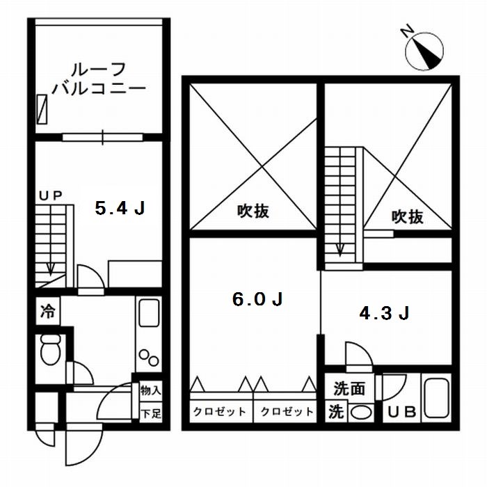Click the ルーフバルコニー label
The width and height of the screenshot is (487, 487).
click(x=99, y=79)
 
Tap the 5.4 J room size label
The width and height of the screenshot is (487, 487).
click(x=120, y=208)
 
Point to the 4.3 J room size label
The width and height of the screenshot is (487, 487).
click(x=383, y=314)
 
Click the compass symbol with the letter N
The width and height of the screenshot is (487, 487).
click(x=424, y=50)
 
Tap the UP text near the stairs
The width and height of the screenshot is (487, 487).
click(x=51, y=197)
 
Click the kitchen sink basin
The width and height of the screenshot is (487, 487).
click(x=149, y=313)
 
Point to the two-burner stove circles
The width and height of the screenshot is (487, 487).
click(x=149, y=357)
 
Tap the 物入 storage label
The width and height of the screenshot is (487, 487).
click(x=150, y=392)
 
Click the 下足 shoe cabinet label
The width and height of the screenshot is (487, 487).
click(x=150, y=413)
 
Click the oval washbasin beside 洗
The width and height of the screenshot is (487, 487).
click(x=360, y=412)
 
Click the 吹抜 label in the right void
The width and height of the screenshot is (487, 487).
click(x=407, y=217)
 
